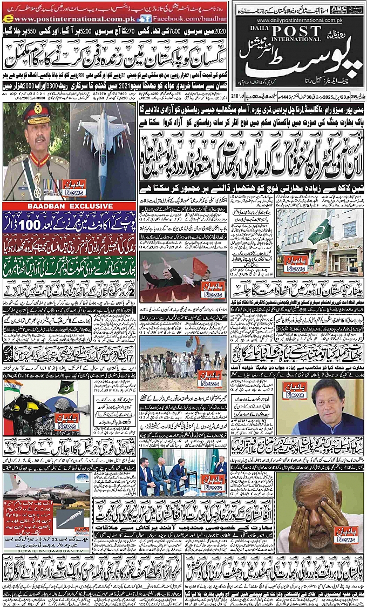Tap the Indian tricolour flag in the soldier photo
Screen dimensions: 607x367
point(14,387)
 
